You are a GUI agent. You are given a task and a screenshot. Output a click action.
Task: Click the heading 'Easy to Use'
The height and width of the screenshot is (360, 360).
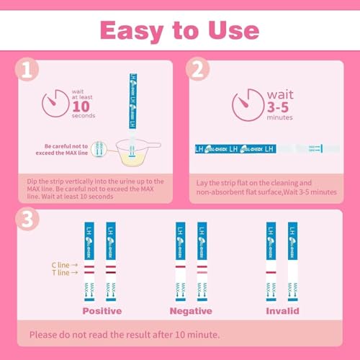(x=179, y=30)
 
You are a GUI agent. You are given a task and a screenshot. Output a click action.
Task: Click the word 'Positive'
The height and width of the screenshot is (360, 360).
(x=102, y=311)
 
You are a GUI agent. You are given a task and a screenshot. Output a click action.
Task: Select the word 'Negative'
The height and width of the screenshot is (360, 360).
(x=191, y=311)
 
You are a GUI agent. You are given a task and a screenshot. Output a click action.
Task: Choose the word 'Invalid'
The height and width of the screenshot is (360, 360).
(x=282, y=311)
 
